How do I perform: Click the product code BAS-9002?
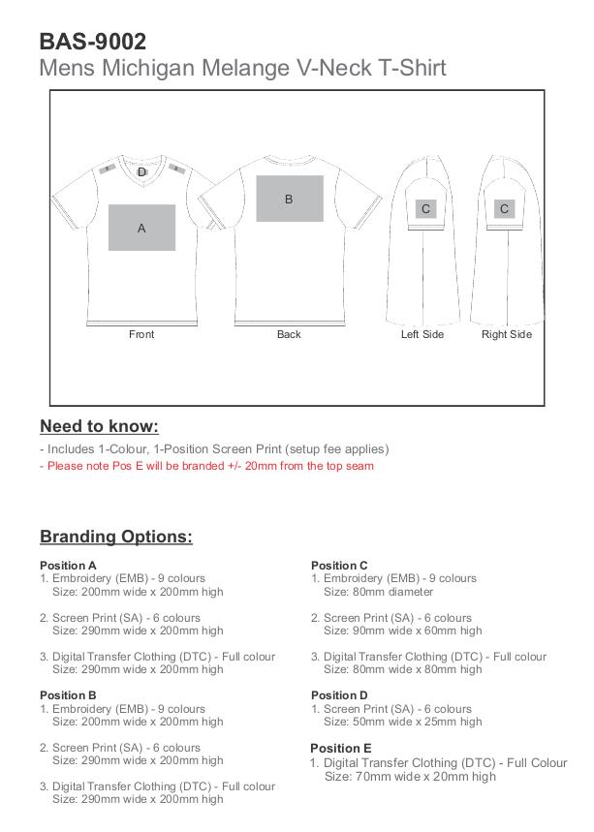tap(93, 42)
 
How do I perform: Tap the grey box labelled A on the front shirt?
tap(141, 228)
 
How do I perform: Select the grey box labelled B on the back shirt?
tap(289, 199)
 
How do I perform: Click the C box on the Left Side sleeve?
tap(425, 208)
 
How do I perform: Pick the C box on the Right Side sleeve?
tap(504, 208)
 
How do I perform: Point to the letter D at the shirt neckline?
tap(141, 172)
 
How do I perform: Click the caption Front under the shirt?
tap(141, 334)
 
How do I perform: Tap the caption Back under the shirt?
tap(289, 334)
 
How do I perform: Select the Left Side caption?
tap(422, 334)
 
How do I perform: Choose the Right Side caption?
tap(507, 334)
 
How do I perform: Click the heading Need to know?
tap(99, 426)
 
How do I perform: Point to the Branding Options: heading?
tap(116, 537)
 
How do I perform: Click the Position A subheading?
tap(68, 566)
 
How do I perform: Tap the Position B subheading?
tap(68, 695)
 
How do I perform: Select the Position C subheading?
tap(339, 566)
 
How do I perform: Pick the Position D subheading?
tap(339, 695)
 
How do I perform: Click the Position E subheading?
tap(340, 749)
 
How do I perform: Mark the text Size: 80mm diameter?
tap(378, 592)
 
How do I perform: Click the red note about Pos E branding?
tap(206, 466)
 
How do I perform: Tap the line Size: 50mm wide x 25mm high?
tap(402, 722)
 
